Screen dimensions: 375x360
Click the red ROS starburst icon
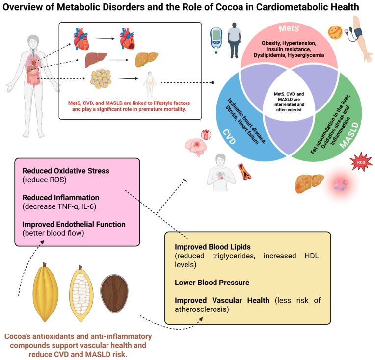pos(361,162)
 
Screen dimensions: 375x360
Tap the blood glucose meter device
pos(216,40)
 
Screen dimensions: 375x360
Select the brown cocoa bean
pos(114,294)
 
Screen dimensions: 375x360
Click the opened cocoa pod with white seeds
pos(81,294)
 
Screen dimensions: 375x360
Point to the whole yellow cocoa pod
pos(46,292)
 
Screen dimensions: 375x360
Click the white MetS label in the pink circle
pos(289,28)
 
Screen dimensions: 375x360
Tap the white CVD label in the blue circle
pos(229,137)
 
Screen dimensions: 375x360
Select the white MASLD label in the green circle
pos(349,135)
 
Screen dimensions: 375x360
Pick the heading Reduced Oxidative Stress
pos(66,171)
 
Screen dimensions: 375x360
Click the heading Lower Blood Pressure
pos(212,283)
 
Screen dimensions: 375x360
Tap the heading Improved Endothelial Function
pos(74,224)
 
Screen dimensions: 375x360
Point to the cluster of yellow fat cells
pos(101,79)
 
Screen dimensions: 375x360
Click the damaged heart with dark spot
pos(127,38)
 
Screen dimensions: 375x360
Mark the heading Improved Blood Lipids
pos(213,247)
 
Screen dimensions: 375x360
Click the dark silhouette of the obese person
pos(234,40)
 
